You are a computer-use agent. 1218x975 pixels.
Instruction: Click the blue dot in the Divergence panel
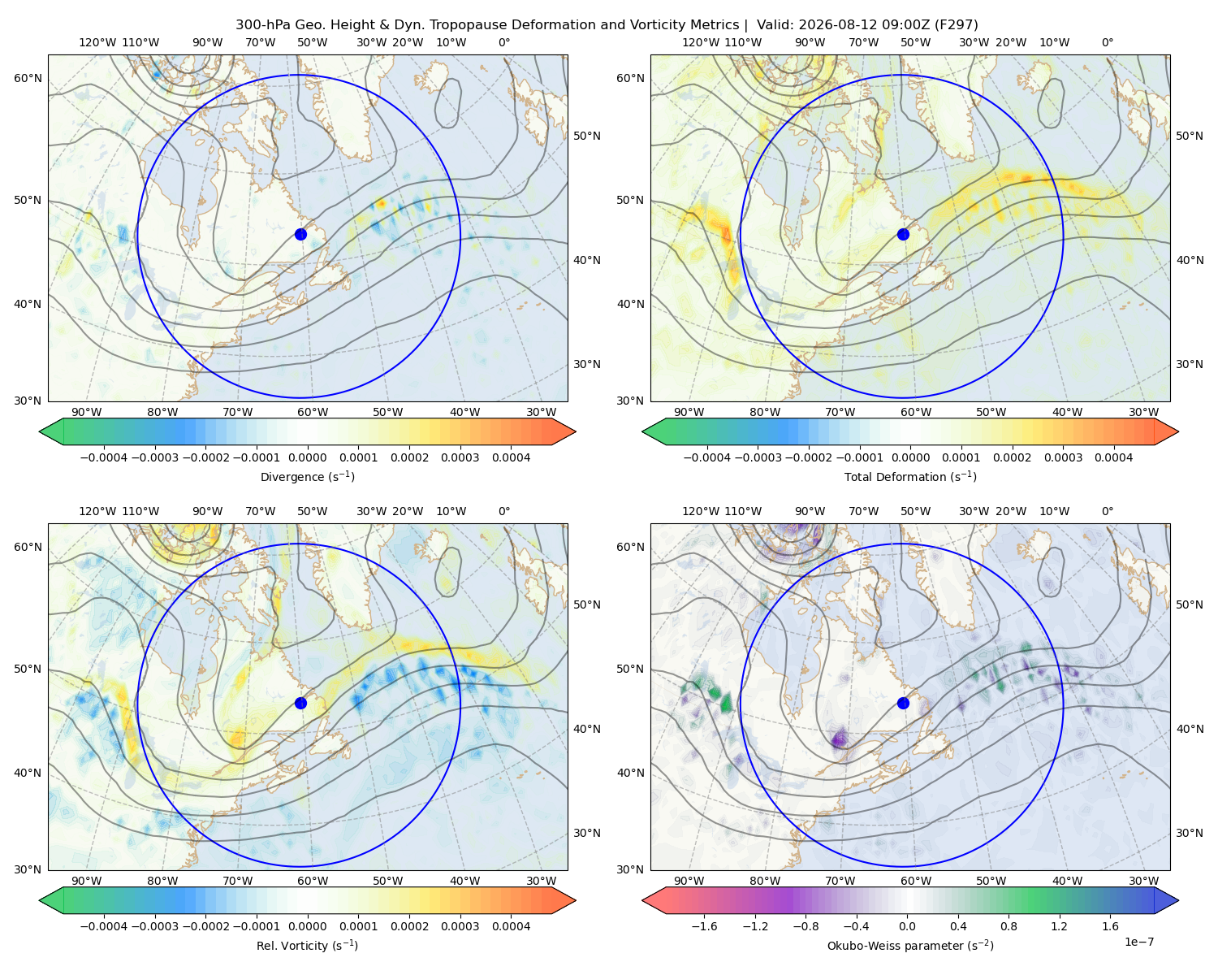[300, 235]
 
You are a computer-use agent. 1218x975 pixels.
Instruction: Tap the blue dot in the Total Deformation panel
[903, 235]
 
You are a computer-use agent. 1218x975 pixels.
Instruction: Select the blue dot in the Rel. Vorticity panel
[300, 703]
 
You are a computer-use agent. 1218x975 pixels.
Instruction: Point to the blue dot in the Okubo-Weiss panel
[903, 703]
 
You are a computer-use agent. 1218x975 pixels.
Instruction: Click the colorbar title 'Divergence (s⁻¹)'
[307, 476]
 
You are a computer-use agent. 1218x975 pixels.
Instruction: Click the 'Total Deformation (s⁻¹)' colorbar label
[910, 476]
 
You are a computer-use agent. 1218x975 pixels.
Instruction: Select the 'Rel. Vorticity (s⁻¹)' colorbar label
[307, 946]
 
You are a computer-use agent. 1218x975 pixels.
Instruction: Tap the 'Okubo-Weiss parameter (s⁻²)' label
[910, 946]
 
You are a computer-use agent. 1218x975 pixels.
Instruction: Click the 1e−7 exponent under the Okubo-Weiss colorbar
[1138, 942]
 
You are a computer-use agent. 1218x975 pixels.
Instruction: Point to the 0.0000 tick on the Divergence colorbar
[307, 457]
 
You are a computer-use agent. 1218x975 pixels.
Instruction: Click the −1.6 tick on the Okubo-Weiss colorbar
[704, 926]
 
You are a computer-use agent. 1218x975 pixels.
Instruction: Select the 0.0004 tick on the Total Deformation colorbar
[1113, 457]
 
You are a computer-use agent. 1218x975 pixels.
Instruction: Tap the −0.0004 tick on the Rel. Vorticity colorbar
[104, 926]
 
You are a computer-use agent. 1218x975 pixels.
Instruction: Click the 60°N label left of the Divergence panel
[28, 78]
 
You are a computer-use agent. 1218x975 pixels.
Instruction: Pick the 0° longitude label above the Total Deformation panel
[1107, 42]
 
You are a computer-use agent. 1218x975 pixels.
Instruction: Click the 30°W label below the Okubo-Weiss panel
[1143, 881]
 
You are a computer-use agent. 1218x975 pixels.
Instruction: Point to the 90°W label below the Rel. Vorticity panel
[87, 881]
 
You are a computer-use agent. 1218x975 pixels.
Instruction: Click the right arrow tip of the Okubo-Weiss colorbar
[1178, 900]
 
